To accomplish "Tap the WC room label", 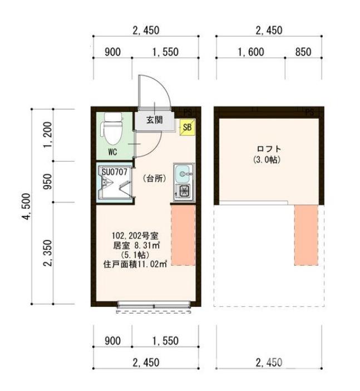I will click(x=112, y=151).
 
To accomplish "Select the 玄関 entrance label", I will click(x=154, y=119).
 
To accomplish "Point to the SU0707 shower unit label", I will click(x=115, y=172).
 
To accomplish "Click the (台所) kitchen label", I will click(x=154, y=178).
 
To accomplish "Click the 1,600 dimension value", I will click(x=250, y=52).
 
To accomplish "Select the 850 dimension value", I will click(x=303, y=52).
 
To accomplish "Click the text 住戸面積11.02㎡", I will click(x=135, y=265).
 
